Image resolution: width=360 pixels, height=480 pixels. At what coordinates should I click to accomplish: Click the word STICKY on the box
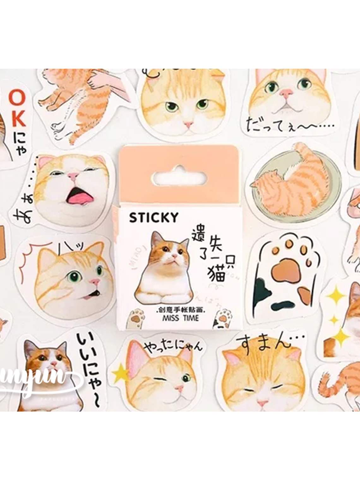[x=154, y=218]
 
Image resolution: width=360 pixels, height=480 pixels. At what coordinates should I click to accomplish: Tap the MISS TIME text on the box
[x=181, y=318]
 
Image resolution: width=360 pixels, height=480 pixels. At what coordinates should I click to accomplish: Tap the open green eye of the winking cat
[x=186, y=377]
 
